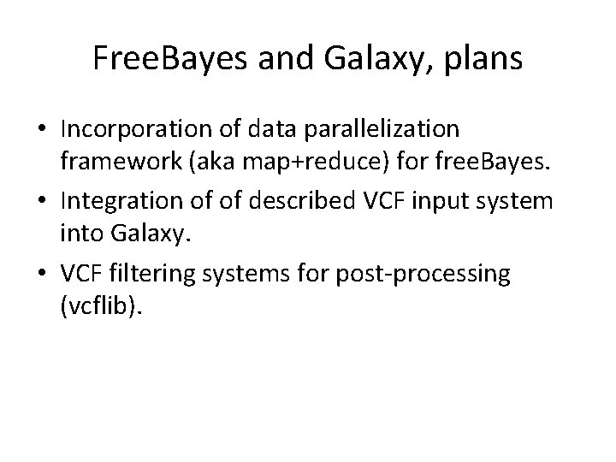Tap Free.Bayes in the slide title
pyautogui.click(x=163, y=60)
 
